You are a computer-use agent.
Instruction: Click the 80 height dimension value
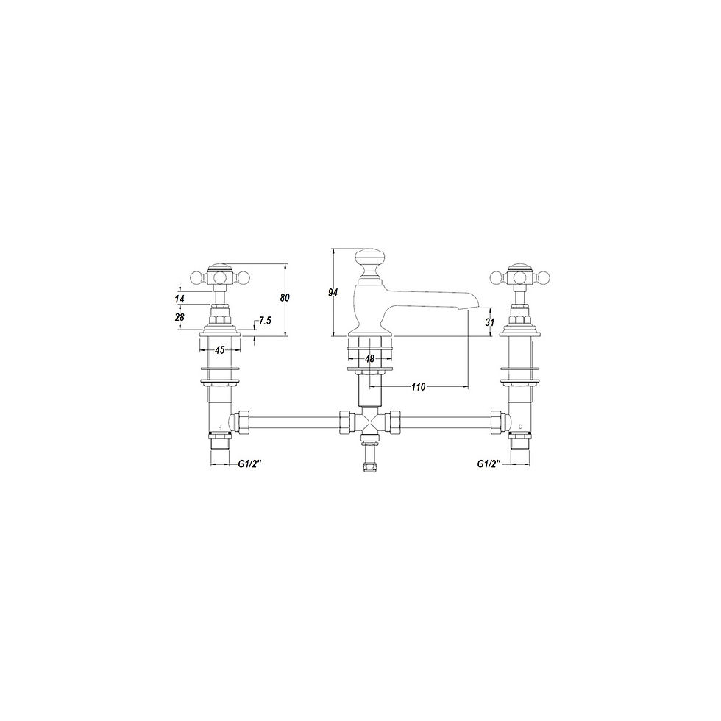click(285, 298)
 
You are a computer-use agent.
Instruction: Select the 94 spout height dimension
click(333, 293)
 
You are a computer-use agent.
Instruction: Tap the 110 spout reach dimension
click(419, 386)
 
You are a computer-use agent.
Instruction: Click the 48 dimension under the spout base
click(369, 359)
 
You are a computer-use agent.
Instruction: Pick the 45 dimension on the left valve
click(219, 350)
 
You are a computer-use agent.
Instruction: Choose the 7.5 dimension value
click(266, 322)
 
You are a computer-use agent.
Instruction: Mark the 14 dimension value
click(180, 299)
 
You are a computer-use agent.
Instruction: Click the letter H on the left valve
click(220, 427)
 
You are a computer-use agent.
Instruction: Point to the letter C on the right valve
click(520, 427)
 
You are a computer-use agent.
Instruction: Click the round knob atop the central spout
click(369, 260)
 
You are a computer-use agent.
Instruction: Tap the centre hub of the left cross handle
click(219, 277)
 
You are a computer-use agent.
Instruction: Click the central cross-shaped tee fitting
click(369, 424)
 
